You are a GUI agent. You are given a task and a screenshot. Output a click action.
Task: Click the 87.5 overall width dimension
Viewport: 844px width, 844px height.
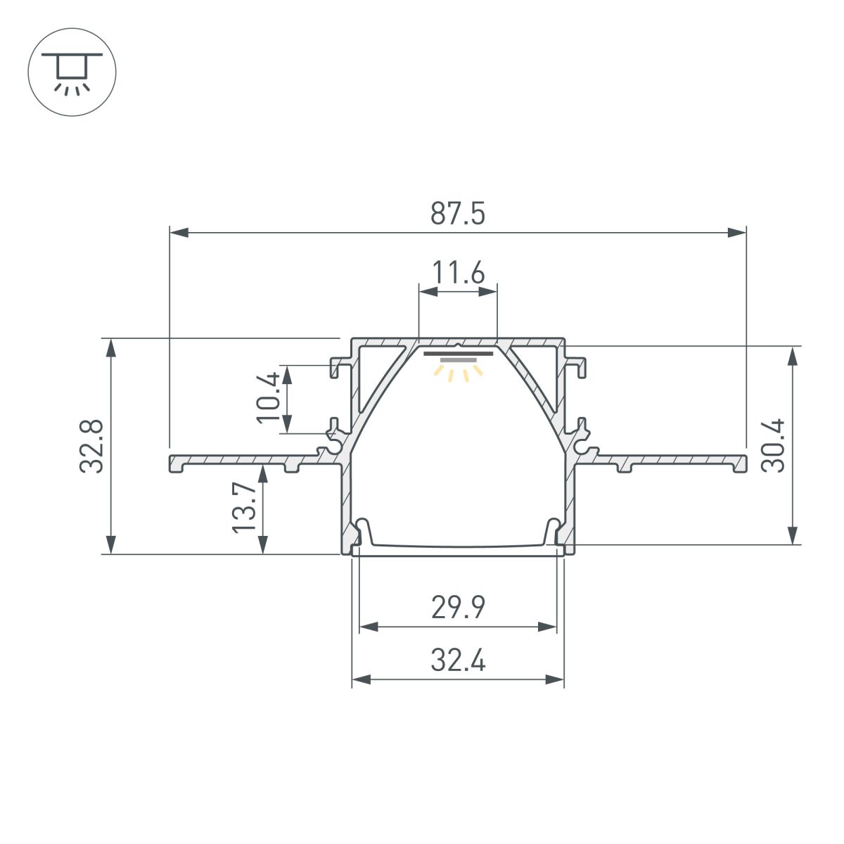pyautogui.click(x=458, y=214)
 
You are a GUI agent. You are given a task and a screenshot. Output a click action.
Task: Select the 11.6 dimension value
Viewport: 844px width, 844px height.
pyautogui.click(x=458, y=272)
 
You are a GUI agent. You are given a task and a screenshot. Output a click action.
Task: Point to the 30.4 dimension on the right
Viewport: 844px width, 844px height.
pyautogui.click(x=774, y=445)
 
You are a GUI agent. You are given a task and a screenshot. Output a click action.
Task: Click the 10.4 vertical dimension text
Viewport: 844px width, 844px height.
pyautogui.click(x=269, y=397)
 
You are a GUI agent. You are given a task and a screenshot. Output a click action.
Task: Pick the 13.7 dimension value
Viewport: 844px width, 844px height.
pyautogui.click(x=245, y=508)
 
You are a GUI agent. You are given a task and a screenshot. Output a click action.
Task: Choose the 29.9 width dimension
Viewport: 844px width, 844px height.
pyautogui.click(x=458, y=608)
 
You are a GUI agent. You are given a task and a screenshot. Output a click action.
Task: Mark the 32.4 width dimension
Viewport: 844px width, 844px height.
pyautogui.click(x=458, y=662)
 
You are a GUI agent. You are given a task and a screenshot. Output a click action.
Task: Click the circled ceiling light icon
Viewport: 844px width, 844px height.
pyautogui.click(x=71, y=72)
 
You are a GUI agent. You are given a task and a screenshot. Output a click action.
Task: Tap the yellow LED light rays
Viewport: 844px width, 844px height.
pyautogui.click(x=458, y=371)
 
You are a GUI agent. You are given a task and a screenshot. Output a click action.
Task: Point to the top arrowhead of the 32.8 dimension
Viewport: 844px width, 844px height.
pyautogui.click(x=110, y=347)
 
